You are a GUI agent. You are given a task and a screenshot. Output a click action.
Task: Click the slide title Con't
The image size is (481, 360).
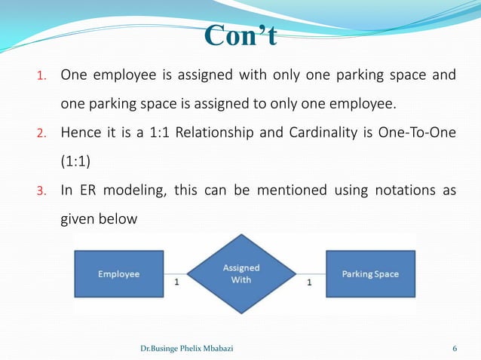pyautogui.click(x=240, y=35)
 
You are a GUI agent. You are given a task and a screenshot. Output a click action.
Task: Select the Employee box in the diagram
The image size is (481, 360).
pyautogui.click(x=118, y=274)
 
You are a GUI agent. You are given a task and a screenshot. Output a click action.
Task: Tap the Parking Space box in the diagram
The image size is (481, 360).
pyautogui.click(x=369, y=274)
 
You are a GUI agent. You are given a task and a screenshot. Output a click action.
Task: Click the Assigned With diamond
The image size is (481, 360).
pyautogui.click(x=241, y=273)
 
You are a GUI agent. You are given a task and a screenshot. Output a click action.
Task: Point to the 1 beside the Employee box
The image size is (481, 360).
pyautogui.click(x=176, y=283)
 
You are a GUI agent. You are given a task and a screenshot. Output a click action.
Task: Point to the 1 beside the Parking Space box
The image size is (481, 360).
pyautogui.click(x=309, y=283)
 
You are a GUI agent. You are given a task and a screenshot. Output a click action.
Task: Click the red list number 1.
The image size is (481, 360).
pyautogui.click(x=43, y=76)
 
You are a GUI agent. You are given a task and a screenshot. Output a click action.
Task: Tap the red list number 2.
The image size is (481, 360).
pyautogui.click(x=43, y=134)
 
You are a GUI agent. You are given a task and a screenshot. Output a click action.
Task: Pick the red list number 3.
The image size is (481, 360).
pyautogui.click(x=43, y=191)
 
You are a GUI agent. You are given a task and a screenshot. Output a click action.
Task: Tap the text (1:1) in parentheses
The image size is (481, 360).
pyautogui.click(x=77, y=161)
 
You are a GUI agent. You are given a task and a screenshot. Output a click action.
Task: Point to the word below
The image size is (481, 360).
pyautogui.click(x=120, y=219)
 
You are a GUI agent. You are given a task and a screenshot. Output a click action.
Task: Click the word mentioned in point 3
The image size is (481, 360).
pyautogui.click(x=292, y=190)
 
